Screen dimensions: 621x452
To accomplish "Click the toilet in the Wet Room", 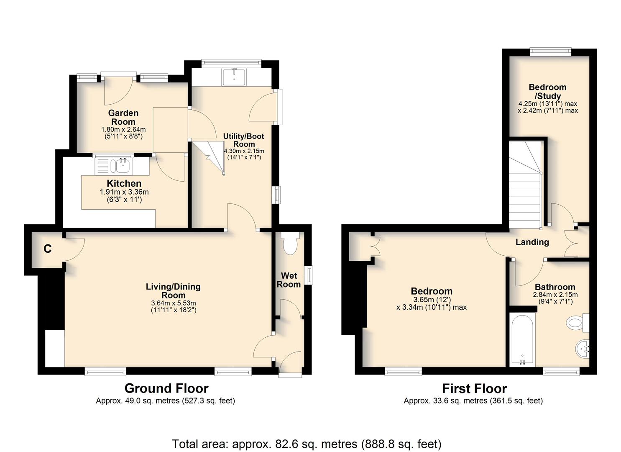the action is [290, 243].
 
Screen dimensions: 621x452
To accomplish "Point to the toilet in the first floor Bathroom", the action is [578, 323].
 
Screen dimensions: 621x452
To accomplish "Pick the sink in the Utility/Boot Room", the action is [234, 77].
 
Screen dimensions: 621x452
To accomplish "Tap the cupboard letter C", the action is [48, 249].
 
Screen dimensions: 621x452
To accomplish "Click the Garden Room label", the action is [123, 117].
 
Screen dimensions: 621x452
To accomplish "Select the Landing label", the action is [532, 242].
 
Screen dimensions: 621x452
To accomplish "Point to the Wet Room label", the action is [289, 280].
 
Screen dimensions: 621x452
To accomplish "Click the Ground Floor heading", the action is [166, 388].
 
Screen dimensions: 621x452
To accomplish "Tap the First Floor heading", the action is [474, 388].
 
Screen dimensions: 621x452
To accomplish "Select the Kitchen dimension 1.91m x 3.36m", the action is [124, 192].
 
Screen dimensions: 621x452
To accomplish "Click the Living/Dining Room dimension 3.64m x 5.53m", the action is [173, 303].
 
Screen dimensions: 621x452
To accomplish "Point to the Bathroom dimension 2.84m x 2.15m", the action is [555, 295].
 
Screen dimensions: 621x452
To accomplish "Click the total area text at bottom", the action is [307, 437].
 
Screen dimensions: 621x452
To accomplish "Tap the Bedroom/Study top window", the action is [551, 52].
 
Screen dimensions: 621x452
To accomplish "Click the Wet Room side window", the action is [309, 275].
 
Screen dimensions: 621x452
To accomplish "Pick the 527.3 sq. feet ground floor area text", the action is [208, 401].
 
